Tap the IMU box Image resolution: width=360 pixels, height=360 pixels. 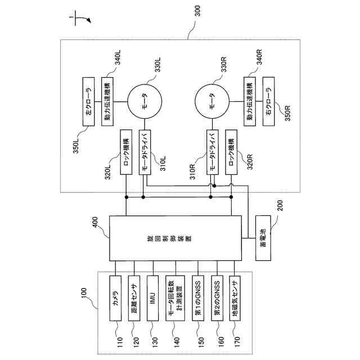(152, 298)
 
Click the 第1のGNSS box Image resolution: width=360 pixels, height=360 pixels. (197, 298)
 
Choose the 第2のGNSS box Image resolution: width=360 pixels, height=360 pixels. (217, 298)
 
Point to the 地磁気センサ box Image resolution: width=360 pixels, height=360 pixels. (235, 298)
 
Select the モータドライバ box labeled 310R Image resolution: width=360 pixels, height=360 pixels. (213, 151)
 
